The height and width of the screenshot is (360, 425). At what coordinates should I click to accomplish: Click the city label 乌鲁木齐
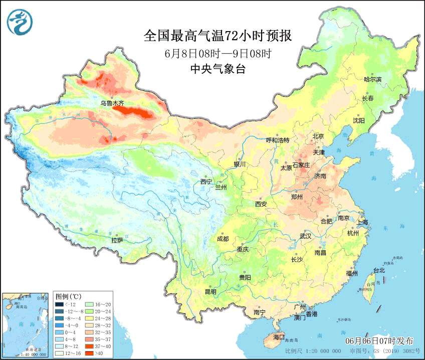pyautogui.click(x=111, y=103)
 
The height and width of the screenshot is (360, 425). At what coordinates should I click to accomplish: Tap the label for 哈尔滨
pyautogui.click(x=372, y=79)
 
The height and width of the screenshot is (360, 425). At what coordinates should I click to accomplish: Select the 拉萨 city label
pyautogui.click(x=117, y=240)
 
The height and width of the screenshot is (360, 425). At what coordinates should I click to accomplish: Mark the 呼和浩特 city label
pyautogui.click(x=277, y=140)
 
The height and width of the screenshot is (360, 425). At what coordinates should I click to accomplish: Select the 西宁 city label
pyautogui.click(x=206, y=182)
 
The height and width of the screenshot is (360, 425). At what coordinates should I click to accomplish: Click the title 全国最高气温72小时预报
pyautogui.click(x=218, y=36)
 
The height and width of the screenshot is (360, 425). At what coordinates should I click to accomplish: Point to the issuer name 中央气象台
pyautogui.click(x=218, y=70)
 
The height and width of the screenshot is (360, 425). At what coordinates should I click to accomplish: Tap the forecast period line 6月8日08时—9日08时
pyautogui.click(x=218, y=53)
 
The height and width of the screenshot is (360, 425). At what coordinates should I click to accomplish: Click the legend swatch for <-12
pyautogui.click(x=59, y=304)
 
